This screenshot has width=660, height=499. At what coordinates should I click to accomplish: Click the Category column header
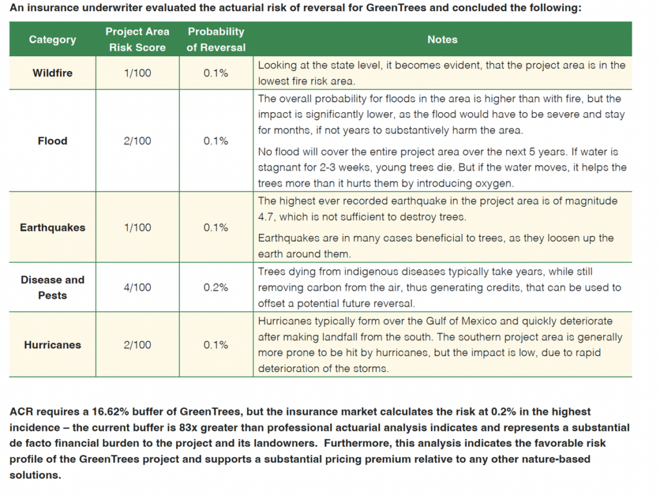pos(52,39)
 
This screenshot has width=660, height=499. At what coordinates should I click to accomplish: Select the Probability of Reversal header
pos(216,39)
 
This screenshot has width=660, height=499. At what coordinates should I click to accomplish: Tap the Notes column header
pos(442,39)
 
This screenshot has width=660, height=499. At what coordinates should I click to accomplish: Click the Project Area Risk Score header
pos(137,39)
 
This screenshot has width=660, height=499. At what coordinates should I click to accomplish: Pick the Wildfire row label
pos(52,73)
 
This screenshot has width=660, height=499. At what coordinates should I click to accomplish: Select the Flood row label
pos(52,141)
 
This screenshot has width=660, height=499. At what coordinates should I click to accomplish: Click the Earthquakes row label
pos(52,228)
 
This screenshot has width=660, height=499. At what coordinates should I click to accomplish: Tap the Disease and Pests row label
pos(52,288)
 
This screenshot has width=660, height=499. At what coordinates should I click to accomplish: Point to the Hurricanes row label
pos(52,345)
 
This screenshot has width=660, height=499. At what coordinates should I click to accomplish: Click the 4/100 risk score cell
pos(137,288)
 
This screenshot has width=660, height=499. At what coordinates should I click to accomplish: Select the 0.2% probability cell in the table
pos(216,288)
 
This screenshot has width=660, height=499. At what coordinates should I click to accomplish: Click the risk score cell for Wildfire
pos(137,73)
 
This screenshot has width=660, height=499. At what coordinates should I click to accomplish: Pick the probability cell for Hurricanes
pos(216,345)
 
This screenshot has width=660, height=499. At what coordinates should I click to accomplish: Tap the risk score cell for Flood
pos(137,141)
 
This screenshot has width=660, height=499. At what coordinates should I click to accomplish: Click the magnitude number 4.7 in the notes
pos(266,217)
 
